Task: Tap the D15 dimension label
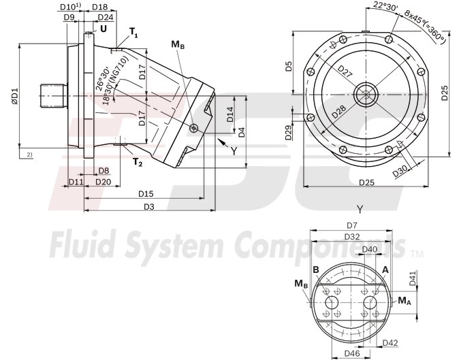click(x=145, y=194)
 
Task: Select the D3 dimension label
click(x=148, y=206)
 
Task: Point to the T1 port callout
click(x=133, y=33)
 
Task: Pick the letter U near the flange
click(x=103, y=29)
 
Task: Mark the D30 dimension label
click(x=402, y=171)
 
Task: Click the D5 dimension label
click(x=288, y=67)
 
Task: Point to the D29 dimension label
click(x=288, y=132)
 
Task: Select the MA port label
click(x=404, y=299)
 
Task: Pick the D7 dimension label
click(x=352, y=225)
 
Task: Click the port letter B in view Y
click(x=316, y=270)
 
